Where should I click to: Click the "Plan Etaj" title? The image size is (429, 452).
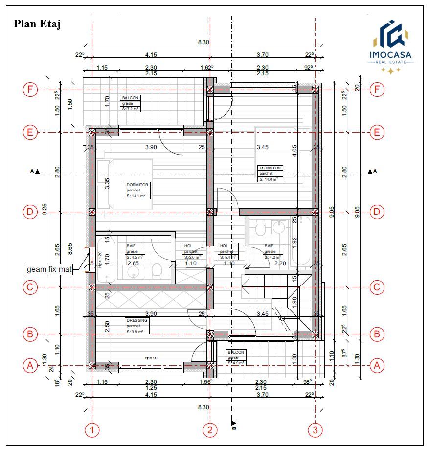[x=37, y=24]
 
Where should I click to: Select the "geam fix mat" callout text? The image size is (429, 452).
[x=49, y=269]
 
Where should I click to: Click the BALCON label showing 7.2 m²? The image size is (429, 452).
[x=131, y=103]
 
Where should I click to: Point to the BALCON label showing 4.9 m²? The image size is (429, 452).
[x=236, y=357]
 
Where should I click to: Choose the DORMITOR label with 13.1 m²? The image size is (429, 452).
[x=137, y=190]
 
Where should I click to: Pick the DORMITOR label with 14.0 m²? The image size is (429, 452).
[x=271, y=173]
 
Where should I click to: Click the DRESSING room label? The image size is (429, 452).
[x=136, y=326]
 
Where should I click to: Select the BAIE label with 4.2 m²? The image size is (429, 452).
[x=272, y=251]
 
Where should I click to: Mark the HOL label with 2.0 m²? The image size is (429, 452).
[x=192, y=251]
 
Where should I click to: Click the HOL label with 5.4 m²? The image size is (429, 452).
[x=228, y=251]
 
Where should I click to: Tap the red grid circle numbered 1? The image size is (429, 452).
[x=91, y=430]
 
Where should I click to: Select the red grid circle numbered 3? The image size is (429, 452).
[x=315, y=430]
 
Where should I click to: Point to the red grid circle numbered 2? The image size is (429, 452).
[x=210, y=430]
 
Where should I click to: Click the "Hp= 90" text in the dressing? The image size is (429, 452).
[x=151, y=358]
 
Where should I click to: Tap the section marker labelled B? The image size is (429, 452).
[x=233, y=424]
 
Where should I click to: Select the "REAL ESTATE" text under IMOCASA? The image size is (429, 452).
[x=391, y=63]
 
